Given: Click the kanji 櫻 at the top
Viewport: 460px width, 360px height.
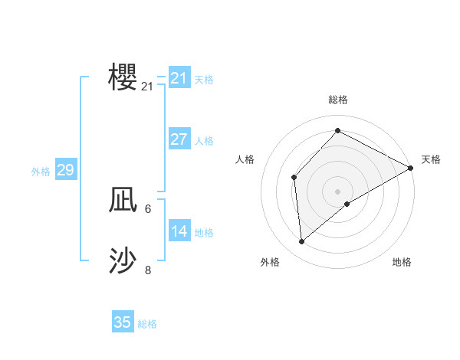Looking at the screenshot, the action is pos(123,77).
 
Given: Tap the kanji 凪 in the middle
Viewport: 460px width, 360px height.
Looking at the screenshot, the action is pos(123,201).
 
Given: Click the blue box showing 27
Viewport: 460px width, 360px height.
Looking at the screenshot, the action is pos(179,139).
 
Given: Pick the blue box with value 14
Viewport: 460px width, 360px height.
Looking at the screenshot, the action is pos(179,231).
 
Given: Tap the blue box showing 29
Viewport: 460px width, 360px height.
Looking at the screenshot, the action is pos(65,170).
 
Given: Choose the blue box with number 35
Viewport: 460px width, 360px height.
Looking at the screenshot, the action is pos(123,322).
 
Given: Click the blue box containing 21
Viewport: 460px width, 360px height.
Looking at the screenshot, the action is pos(179,78).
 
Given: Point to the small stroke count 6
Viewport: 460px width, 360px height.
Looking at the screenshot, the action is pos(147,208).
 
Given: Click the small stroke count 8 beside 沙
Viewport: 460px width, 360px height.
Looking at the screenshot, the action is pos(148,270).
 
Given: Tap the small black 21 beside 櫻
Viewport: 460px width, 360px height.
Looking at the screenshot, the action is pos(147,87).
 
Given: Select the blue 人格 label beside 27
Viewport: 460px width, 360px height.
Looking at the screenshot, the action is pos(204,141).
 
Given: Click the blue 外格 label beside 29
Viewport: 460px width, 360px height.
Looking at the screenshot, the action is pos(41,172).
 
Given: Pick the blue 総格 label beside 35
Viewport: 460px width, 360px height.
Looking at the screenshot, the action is pos(147,324).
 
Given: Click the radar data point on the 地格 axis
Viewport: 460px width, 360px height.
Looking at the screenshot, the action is pos(347,203).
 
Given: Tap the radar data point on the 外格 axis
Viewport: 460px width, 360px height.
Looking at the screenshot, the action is pos(302,241).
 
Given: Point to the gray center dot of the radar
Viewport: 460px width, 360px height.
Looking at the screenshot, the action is pos(337,191).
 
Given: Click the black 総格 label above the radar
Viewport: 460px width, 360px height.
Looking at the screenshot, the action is pos(337,100).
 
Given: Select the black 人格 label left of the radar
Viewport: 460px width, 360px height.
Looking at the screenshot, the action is pos(245,159).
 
